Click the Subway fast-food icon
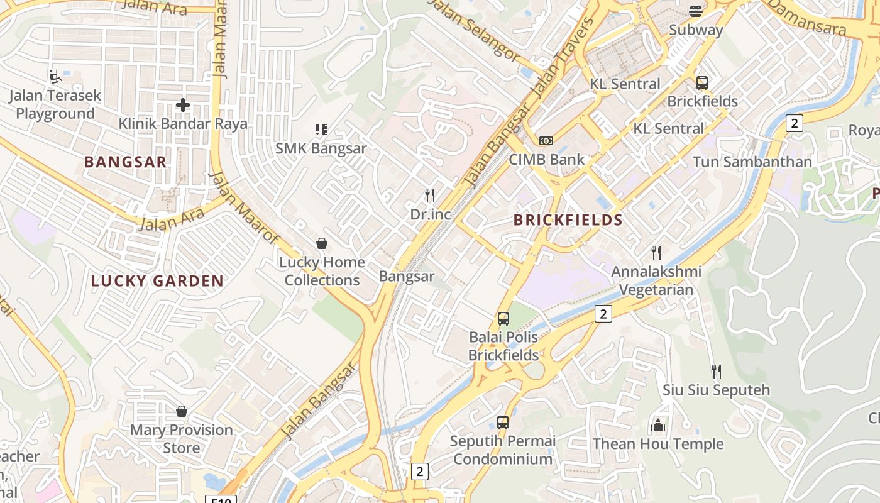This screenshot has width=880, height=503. pos(696,11)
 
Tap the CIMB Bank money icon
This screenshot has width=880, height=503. pos(546,141)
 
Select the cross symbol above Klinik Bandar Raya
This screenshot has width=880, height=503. pos(183,105)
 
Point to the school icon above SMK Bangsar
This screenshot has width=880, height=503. pos(321,130)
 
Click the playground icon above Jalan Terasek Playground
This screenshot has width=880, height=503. pos(55,77)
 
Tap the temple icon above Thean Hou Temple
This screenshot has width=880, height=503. pos(658,426)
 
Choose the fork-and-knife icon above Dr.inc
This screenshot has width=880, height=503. pos(430,196)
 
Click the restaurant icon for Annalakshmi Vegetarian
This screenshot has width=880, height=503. pos(656,253)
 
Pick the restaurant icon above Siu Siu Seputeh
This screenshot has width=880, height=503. pos(716,371)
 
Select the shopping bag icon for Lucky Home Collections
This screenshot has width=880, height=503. pos(322,243)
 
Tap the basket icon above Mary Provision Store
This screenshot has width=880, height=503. pos(182,411)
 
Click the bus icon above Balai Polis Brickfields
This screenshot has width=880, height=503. pos(503,318)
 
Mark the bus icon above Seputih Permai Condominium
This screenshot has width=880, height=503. pos(503,422)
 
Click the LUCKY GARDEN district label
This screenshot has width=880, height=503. pos(157,281)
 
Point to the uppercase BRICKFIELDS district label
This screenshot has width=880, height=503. pos(568,220)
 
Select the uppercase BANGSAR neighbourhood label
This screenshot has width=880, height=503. pos(126,162)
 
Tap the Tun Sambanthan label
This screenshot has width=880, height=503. pos(752,162)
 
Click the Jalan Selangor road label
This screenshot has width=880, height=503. pos(474,28)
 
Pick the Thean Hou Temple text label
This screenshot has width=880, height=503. pos(658,444)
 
